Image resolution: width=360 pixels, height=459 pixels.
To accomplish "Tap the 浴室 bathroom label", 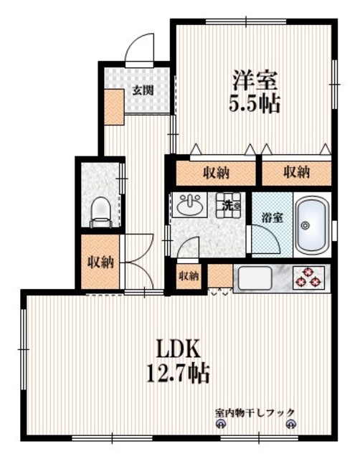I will (x=271, y=216).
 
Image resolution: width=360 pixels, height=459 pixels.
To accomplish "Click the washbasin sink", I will (x=190, y=207).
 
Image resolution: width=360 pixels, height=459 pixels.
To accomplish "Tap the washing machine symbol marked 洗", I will (x=231, y=205).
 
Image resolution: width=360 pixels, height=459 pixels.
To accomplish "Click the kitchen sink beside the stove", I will (x=262, y=277).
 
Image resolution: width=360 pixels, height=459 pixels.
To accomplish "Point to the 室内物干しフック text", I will (x=255, y=412).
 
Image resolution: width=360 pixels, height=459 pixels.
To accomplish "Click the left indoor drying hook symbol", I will (x=220, y=425).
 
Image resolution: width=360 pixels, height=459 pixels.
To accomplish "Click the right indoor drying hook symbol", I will (x=290, y=425).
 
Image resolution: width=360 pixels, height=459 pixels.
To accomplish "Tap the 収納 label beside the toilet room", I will (x=101, y=262).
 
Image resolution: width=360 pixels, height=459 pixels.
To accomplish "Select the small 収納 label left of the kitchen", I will (x=188, y=275).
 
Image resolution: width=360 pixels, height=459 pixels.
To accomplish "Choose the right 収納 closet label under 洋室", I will (x=295, y=172).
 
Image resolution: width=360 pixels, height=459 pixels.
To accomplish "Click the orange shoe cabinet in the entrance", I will (x=113, y=105).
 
